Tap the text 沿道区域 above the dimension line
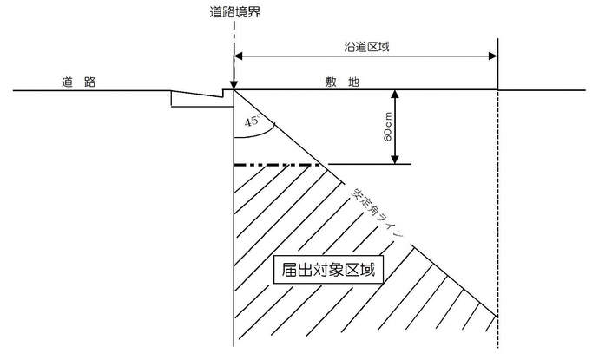coord(365,47)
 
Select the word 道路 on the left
coord(77,82)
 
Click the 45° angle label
coord(254,123)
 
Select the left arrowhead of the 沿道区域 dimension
coord(240,57)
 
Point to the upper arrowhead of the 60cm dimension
coord(395,95)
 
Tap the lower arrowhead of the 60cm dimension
coord(395,159)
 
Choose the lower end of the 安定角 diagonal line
coord(497,317)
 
